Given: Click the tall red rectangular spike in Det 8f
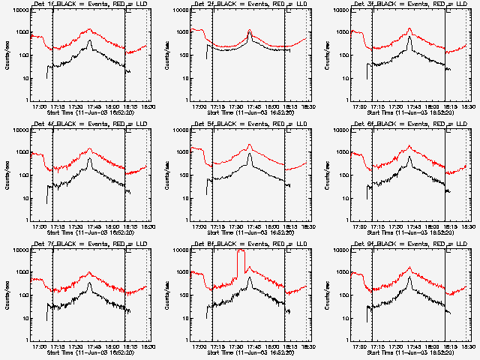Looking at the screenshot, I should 241,262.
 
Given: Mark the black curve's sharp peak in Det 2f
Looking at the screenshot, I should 250,33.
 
